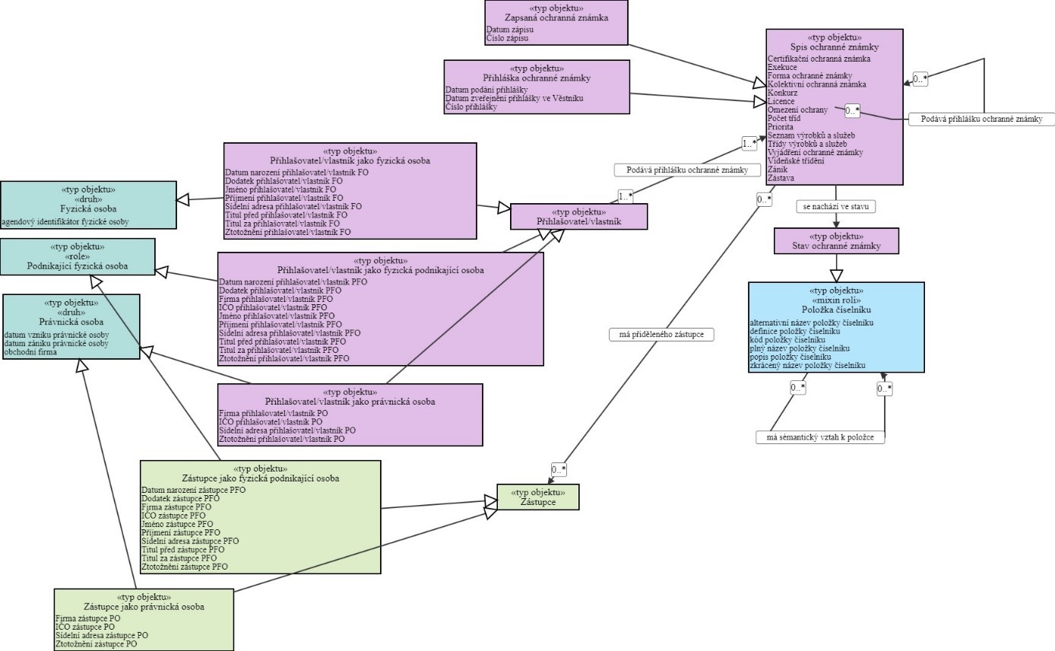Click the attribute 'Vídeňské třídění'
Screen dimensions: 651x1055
[x=795, y=161]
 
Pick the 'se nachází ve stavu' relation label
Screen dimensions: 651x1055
[x=835, y=206]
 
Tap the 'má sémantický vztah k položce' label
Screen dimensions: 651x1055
[x=821, y=437]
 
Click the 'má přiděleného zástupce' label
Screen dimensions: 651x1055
[x=661, y=334]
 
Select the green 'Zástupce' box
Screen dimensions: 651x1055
[x=538, y=497]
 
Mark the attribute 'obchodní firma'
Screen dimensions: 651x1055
[x=30, y=352]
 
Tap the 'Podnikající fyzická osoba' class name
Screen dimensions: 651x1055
[x=78, y=266]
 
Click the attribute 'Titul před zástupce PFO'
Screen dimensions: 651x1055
[x=182, y=549]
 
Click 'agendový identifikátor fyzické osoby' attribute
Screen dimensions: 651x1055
[x=65, y=221]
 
